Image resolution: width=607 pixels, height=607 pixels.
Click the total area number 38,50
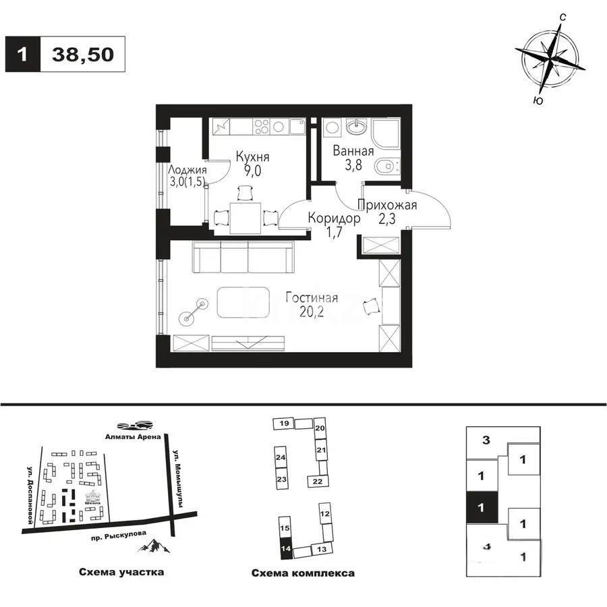pos(82,54)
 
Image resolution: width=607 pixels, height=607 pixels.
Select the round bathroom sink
pos(355,126)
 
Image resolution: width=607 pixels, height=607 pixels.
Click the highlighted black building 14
pos(286,548)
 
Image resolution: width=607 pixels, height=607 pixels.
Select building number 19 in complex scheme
pos(284,423)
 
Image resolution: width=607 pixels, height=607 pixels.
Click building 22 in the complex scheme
pos(316,480)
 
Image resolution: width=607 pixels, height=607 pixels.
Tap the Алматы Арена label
pos(132,436)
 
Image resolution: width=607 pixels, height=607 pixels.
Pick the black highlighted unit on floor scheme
pos(482,506)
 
